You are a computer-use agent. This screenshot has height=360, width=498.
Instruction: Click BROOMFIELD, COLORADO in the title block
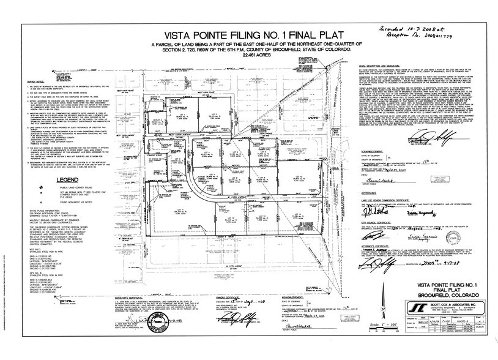coord(436,308)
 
